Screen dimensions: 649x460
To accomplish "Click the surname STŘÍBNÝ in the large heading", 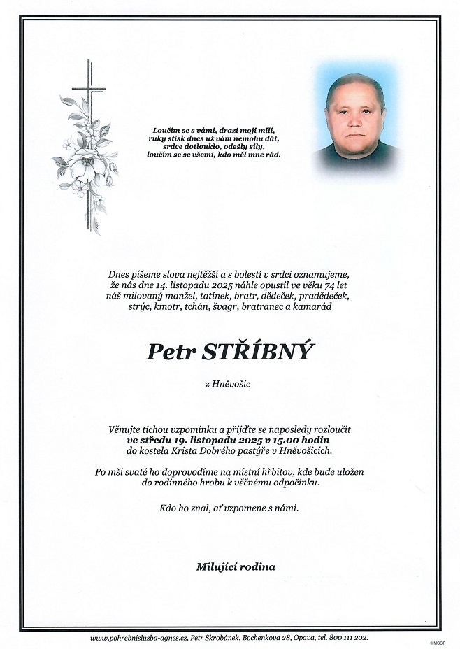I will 257,350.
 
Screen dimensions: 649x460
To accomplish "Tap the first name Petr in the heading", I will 170,350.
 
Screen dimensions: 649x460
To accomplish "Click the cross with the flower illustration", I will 85,147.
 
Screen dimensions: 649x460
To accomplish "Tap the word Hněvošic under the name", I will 234,383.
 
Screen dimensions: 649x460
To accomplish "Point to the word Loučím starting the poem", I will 166,131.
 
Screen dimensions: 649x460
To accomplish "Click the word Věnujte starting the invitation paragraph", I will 122,430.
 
